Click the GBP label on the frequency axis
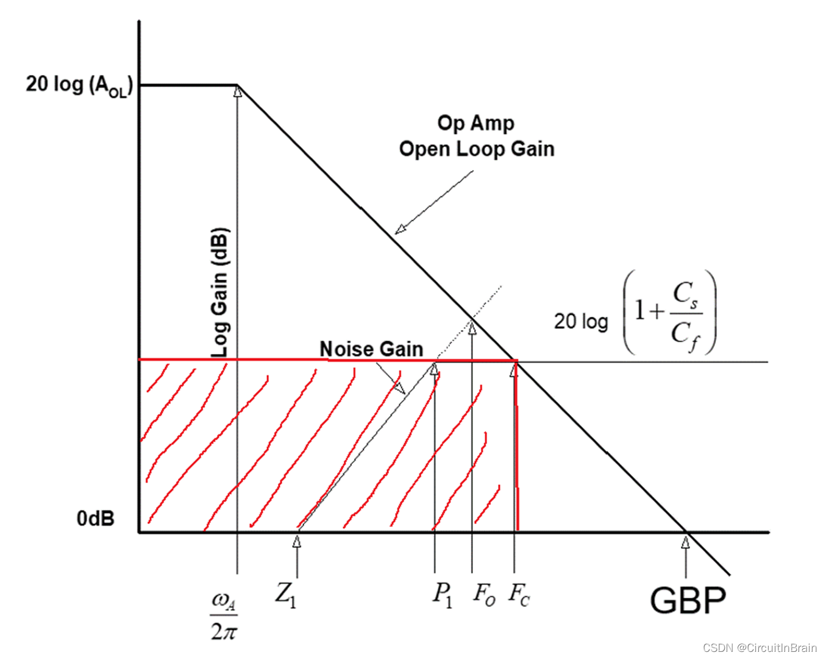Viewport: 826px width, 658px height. click(x=688, y=601)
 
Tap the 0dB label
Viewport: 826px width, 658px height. click(x=96, y=518)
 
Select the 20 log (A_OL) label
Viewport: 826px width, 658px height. click(x=78, y=85)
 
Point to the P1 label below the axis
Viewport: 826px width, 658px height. click(x=443, y=594)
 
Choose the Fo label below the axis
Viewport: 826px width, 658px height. click(x=484, y=594)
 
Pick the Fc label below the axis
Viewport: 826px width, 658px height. click(x=519, y=594)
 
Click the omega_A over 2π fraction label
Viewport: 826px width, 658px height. click(x=224, y=617)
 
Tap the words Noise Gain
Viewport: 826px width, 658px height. click(x=371, y=349)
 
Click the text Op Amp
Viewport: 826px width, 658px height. click(x=475, y=123)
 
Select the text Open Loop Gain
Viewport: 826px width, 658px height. click(x=477, y=149)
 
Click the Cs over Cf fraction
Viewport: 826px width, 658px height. click(x=686, y=313)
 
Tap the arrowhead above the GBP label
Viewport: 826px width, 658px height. click(x=686, y=542)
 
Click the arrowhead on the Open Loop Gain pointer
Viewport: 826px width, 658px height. click(x=400, y=230)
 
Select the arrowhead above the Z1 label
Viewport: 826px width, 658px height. click(x=297, y=541)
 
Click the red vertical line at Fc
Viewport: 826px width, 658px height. click(x=517, y=451)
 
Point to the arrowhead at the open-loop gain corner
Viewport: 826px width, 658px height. click(x=238, y=91)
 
